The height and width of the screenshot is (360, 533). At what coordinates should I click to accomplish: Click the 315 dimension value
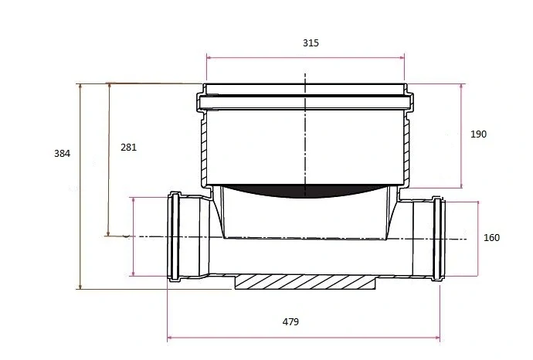pos(311,43)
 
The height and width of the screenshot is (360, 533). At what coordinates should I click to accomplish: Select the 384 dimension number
pos(63,154)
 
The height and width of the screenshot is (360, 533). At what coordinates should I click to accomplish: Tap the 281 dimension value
pos(128,148)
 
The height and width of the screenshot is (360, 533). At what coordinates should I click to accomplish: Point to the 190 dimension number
pos(478,134)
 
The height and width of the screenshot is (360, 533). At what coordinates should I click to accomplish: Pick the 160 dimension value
pos(491,238)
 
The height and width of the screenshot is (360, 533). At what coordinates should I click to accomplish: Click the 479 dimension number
pos(290,321)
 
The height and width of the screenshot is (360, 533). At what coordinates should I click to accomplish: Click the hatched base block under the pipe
pos(305,282)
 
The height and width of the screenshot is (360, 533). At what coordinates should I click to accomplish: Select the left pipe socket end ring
pos(175,236)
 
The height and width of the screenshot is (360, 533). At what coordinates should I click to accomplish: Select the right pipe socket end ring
pos(439,238)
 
